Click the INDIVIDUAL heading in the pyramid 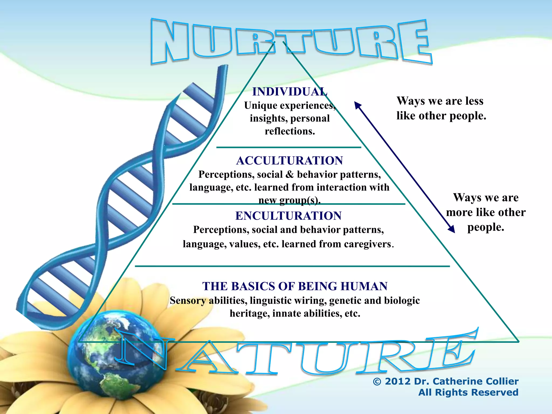point(290,92)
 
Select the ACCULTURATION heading point(289,161)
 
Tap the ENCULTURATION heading point(288,216)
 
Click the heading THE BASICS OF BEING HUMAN point(295,286)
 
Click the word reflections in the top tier point(290,131)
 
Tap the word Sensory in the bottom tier point(188,301)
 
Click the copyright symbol point(377,382)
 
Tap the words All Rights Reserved point(468,392)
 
